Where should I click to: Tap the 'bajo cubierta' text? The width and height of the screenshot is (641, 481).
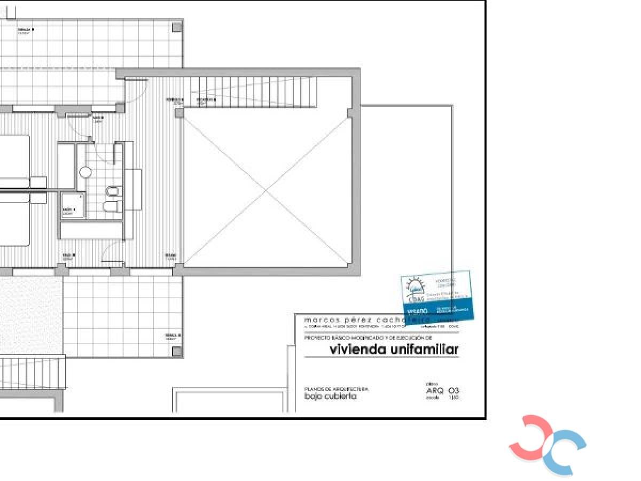click(330, 397)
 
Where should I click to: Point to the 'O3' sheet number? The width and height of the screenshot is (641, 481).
click(454, 391)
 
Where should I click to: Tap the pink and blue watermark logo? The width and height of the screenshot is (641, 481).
click(548, 445)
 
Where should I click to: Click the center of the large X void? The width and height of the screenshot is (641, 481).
click(267, 190)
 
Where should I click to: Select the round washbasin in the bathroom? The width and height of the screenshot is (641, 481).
click(85, 172)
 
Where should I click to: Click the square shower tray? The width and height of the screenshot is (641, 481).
click(73, 205)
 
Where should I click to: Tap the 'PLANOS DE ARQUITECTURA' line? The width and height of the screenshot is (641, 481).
click(336, 389)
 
